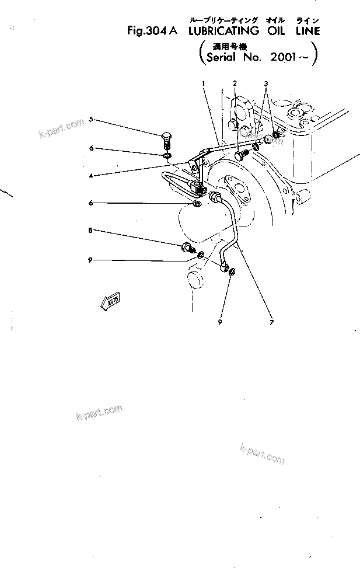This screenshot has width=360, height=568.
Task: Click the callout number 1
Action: (204, 83)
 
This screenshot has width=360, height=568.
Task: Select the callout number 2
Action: (235, 83)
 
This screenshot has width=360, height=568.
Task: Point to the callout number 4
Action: (91, 174)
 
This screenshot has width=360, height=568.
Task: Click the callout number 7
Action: (271, 321)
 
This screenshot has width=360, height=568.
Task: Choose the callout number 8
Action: (90, 231)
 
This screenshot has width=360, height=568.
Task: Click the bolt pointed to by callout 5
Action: (166, 141)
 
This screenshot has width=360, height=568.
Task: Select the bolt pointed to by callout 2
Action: (240, 155)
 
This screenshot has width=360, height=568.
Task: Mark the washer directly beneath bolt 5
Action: (167, 155)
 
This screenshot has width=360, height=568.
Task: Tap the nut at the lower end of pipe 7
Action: (232, 272)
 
